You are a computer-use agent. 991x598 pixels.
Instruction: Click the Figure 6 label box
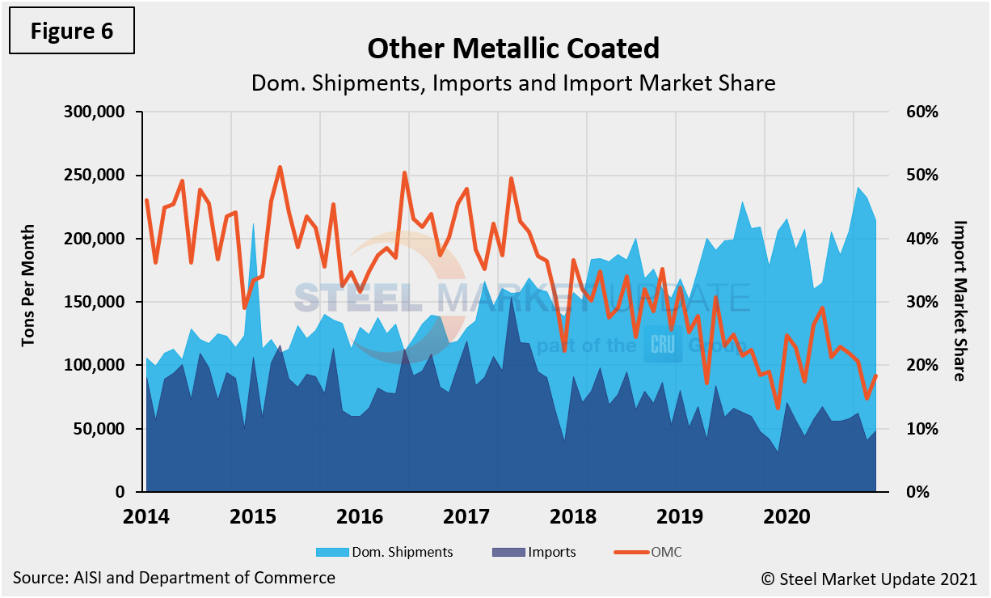[72, 32]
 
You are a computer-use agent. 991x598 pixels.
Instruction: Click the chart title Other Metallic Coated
[512, 49]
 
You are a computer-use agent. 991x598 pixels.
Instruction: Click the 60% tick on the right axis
[921, 112]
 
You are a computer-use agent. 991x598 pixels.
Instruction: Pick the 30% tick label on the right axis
[921, 302]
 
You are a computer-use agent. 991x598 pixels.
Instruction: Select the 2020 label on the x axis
[787, 516]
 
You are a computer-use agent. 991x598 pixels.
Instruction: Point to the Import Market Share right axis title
[959, 300]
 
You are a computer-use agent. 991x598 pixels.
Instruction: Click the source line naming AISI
[174, 578]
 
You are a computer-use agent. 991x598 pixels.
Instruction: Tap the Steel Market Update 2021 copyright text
[868, 579]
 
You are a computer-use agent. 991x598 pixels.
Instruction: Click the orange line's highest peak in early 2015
[280, 168]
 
